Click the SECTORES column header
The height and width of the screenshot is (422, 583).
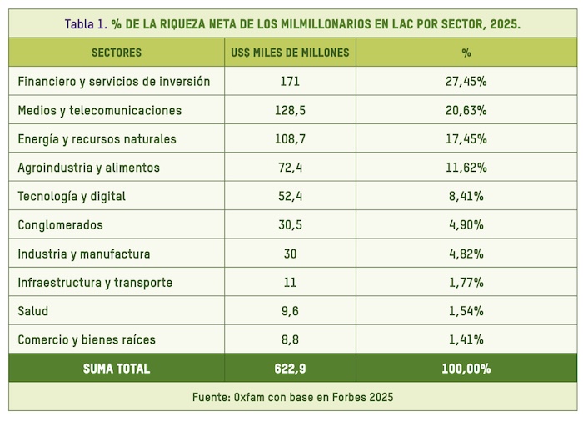pyautogui.click(x=117, y=53)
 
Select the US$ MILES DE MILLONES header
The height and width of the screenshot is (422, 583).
pyautogui.click(x=290, y=53)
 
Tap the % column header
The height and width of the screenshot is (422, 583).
pyautogui.click(x=466, y=53)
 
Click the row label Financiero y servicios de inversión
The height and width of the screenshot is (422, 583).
pyautogui.click(x=114, y=82)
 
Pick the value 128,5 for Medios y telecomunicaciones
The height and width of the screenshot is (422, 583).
pyautogui.click(x=290, y=110)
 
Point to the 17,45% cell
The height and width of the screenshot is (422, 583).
pyautogui.click(x=466, y=138)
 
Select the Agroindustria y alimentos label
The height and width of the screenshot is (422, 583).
pyautogui.click(x=88, y=168)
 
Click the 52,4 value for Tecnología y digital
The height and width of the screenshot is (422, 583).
pyautogui.click(x=290, y=196)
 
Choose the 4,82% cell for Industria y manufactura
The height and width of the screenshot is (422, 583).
pyautogui.click(x=466, y=254)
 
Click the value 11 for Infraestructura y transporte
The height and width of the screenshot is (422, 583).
pyautogui.click(x=290, y=282)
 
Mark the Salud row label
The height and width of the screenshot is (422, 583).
pyautogui.click(x=33, y=311)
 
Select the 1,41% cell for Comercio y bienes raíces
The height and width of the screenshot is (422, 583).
pyautogui.click(x=466, y=339)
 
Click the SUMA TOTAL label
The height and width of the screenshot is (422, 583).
pyautogui.click(x=117, y=369)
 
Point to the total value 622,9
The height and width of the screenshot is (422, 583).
pyautogui.click(x=290, y=369)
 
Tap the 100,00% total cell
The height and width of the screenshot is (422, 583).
pyautogui.click(x=466, y=369)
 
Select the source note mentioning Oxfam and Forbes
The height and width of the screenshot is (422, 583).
pyautogui.click(x=292, y=397)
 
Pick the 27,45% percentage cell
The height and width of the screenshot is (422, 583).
pyautogui.click(x=466, y=82)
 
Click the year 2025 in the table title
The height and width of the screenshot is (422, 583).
pyautogui.click(x=504, y=23)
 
